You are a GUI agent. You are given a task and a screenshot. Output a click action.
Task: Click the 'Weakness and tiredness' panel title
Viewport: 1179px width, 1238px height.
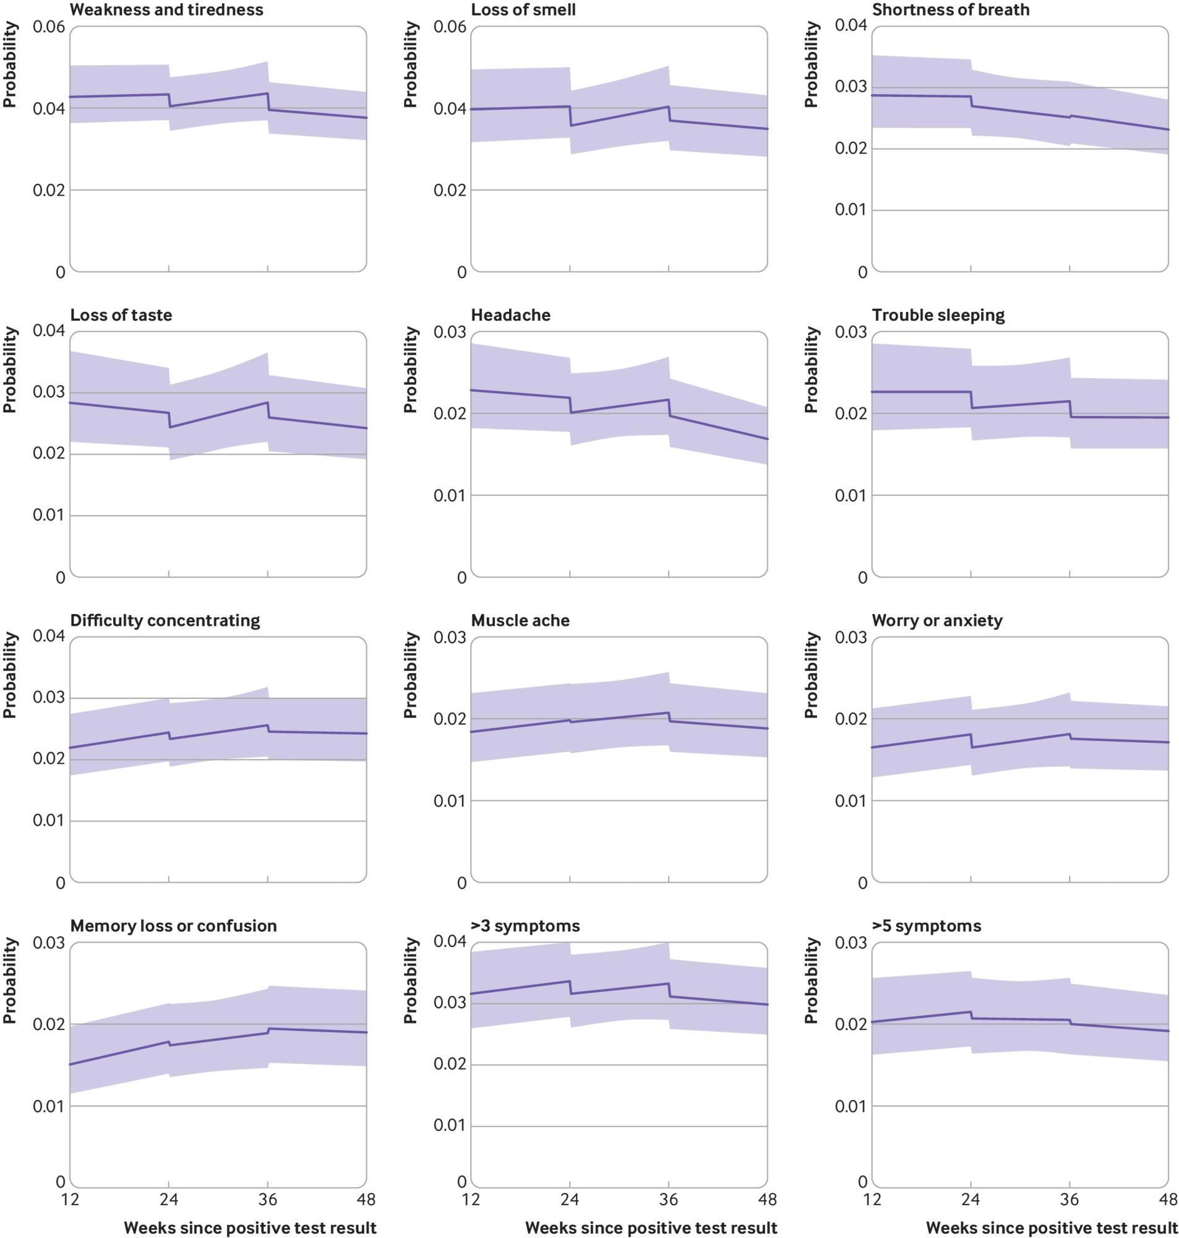(166, 10)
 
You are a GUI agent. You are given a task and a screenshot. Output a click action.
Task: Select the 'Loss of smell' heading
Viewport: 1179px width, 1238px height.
(523, 10)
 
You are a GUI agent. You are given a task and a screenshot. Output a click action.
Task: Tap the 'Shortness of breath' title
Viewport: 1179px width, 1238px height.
(950, 10)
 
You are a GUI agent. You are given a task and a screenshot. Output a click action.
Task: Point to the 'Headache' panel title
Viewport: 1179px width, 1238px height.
(510, 315)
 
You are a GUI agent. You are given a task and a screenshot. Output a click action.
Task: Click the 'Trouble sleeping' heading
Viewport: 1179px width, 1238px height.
(938, 315)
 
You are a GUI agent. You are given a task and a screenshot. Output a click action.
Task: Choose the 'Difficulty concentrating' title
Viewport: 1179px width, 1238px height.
(165, 621)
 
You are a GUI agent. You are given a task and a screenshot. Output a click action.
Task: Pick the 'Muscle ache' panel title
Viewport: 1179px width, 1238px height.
(520, 621)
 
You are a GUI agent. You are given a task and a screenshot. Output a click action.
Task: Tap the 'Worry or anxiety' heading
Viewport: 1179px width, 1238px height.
(937, 621)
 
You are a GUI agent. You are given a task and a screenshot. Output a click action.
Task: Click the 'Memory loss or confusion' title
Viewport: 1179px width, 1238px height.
(173, 925)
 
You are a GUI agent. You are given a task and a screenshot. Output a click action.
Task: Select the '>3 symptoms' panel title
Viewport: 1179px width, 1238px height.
(525, 925)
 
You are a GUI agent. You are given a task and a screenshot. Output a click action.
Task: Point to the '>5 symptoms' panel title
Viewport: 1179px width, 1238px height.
(927, 925)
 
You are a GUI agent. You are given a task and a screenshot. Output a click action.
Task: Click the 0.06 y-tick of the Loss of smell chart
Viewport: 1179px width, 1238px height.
(450, 27)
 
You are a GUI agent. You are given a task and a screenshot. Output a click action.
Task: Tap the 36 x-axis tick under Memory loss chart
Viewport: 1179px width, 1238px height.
(268, 1200)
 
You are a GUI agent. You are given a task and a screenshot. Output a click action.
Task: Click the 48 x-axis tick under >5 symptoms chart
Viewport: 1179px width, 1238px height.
(1168, 1200)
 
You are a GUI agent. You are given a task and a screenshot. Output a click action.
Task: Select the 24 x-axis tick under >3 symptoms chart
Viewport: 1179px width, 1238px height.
(570, 1200)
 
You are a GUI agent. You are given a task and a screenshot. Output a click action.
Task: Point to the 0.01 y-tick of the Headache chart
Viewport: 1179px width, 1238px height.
(450, 495)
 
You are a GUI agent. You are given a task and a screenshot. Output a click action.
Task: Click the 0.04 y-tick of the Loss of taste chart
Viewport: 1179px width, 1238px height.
(49, 331)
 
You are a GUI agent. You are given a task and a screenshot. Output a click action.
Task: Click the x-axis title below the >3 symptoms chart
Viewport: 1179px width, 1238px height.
(651, 1228)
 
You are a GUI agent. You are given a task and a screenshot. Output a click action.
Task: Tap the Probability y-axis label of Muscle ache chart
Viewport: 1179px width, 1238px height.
(410, 675)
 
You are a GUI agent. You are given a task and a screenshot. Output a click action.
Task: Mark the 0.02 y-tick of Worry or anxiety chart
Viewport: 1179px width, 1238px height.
(851, 719)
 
